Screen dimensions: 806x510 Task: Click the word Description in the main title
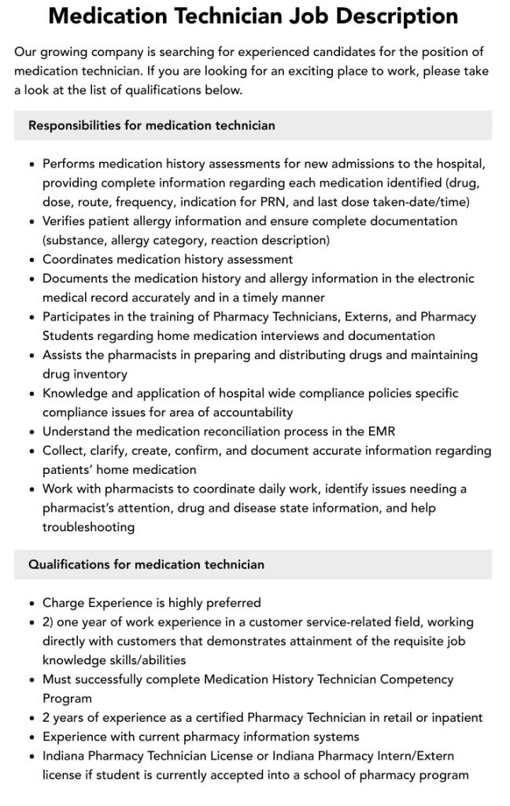coord(386,16)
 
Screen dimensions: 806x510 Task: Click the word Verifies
coord(66,221)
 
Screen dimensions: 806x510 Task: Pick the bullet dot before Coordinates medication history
coord(31,260)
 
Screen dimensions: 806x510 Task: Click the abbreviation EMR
coord(381,431)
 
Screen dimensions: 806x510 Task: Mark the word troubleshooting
coord(88,527)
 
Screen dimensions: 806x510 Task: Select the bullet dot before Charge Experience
coord(31,604)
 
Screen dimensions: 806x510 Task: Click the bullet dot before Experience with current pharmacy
coord(31,738)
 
